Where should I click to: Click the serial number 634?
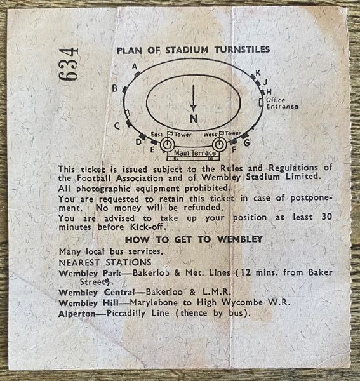pos(69,64)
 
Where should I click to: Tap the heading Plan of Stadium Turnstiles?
pos(194,50)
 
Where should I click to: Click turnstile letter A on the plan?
pos(135,66)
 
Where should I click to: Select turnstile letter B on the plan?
pos(115,88)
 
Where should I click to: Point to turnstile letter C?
pos(117,126)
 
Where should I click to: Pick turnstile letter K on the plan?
pos(258,72)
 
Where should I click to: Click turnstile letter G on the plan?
pos(246,142)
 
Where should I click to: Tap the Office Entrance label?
pos(283,104)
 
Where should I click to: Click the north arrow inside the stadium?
pos(193,98)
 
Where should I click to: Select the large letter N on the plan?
pos(194,119)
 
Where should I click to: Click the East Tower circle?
pos(167,145)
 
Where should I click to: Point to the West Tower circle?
pos(219,145)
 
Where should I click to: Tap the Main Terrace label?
pos(195,153)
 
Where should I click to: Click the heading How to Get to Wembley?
pos(194,239)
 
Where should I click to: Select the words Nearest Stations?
pos(105,262)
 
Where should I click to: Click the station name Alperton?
pos(77,314)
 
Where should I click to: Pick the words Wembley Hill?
pos(89,303)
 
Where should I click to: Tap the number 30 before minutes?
pos(327,217)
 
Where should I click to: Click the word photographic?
pos(103,189)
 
